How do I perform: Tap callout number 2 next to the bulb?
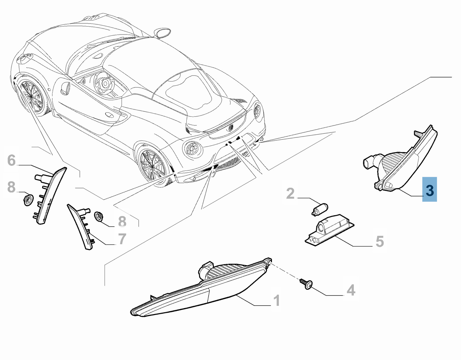click(x=290, y=193)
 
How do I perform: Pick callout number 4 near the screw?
click(x=351, y=290)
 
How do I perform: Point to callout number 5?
click(x=380, y=241)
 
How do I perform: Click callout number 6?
click(x=12, y=160)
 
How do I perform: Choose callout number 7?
click(x=122, y=239)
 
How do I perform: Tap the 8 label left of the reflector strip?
click(x=12, y=187)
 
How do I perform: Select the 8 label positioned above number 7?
click(x=122, y=221)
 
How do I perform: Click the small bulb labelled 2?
click(x=320, y=209)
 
